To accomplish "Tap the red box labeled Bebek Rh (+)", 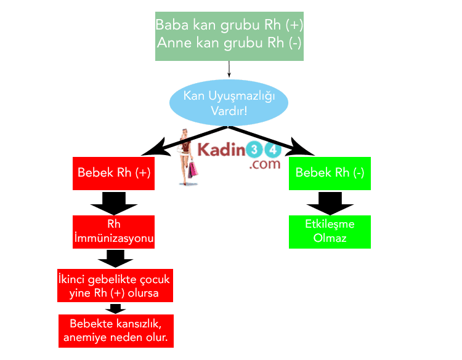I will pos(114,173).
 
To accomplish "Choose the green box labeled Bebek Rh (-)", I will pos(330,173).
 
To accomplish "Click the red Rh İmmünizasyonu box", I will pos(114,231).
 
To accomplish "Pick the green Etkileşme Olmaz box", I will pos(330,231).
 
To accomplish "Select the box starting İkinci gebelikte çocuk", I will pos(114,286).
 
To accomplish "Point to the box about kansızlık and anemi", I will pos(115,331).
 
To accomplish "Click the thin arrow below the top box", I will pos(229,69).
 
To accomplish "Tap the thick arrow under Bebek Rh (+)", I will pos(114,202).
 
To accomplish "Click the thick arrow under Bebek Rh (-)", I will pos(330,202).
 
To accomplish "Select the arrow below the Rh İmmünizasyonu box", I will pos(115,258).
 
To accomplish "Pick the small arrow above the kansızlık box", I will pos(115,308).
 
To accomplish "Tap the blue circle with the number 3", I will pos(254,150).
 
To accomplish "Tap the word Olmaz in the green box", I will pos(330,238).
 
